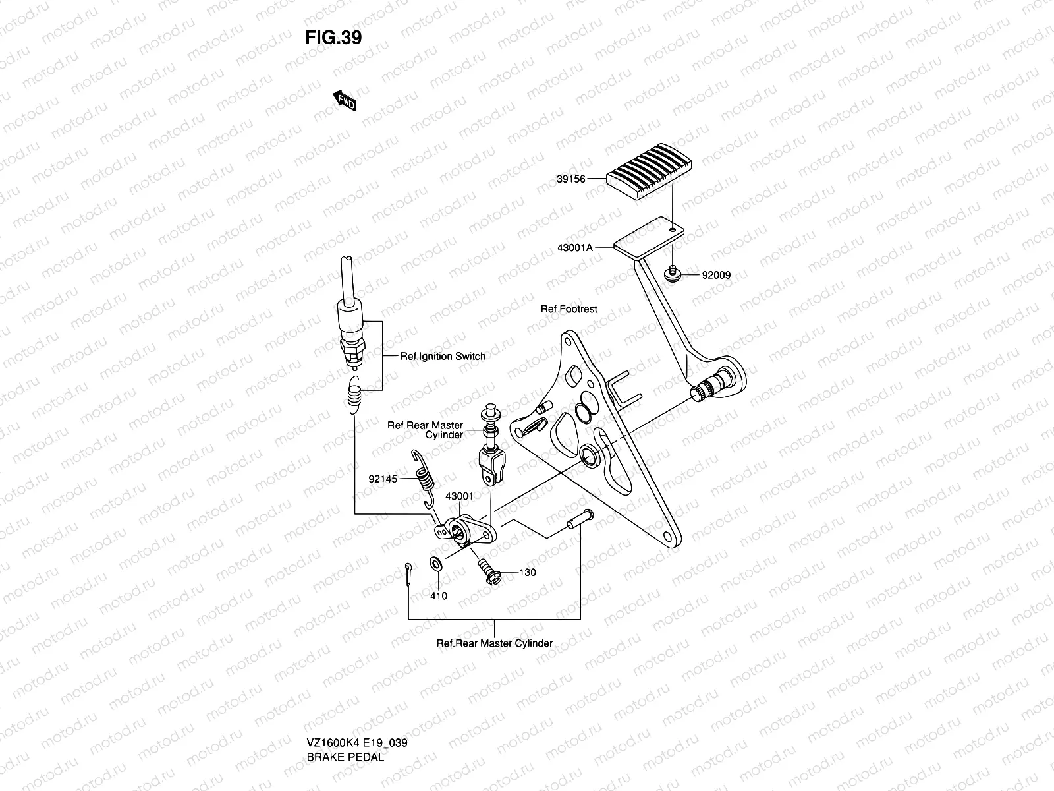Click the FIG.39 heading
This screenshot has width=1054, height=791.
(x=333, y=38)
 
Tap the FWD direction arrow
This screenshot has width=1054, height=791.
(x=345, y=100)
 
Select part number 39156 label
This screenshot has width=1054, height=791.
(x=570, y=179)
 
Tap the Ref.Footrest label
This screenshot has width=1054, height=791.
(x=569, y=308)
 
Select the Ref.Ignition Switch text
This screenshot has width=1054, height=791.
(x=443, y=356)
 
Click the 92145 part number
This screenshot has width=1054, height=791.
(x=383, y=479)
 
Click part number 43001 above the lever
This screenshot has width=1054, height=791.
(x=459, y=496)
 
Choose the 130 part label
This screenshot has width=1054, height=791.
(x=527, y=572)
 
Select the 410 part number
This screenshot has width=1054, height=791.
(x=438, y=596)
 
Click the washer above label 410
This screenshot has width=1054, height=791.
(x=435, y=565)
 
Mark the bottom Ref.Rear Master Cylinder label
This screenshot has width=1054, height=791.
(x=494, y=643)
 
